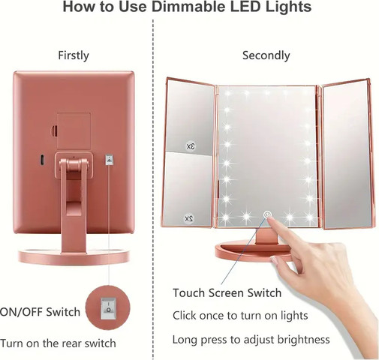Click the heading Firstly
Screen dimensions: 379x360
[74, 55]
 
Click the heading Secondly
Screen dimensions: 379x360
[266, 55]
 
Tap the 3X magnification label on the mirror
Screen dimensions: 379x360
[191, 146]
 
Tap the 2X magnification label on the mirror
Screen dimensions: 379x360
[189, 218]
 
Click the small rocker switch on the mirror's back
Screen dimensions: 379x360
[110, 160]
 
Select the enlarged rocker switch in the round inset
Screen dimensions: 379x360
[108, 308]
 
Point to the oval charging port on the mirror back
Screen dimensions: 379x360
[42, 160]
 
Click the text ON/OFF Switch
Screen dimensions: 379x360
[40, 312]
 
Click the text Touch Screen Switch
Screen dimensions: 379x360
[227, 292]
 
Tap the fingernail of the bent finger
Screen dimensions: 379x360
[274, 261]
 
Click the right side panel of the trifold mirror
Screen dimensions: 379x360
[348, 154]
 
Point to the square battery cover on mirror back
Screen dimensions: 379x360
[74, 130]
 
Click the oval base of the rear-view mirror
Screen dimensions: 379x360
[74, 256]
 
